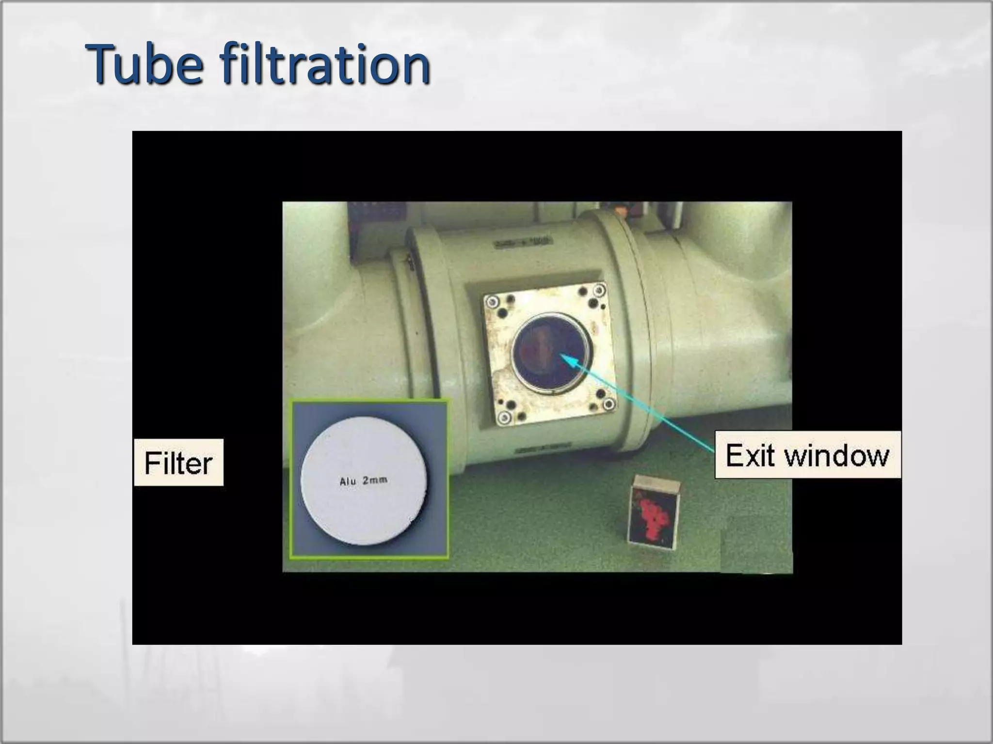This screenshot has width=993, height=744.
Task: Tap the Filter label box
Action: (x=178, y=463)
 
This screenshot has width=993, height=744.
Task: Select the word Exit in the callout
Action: (x=751, y=455)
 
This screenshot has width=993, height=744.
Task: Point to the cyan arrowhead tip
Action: (x=562, y=356)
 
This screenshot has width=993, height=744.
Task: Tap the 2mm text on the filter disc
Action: (x=375, y=480)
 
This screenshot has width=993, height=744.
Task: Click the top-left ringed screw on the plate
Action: (x=493, y=301)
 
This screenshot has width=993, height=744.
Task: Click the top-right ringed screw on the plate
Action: (x=600, y=291)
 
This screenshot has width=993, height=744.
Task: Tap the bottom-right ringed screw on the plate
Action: (x=609, y=404)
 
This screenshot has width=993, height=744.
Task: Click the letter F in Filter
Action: (x=152, y=463)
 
